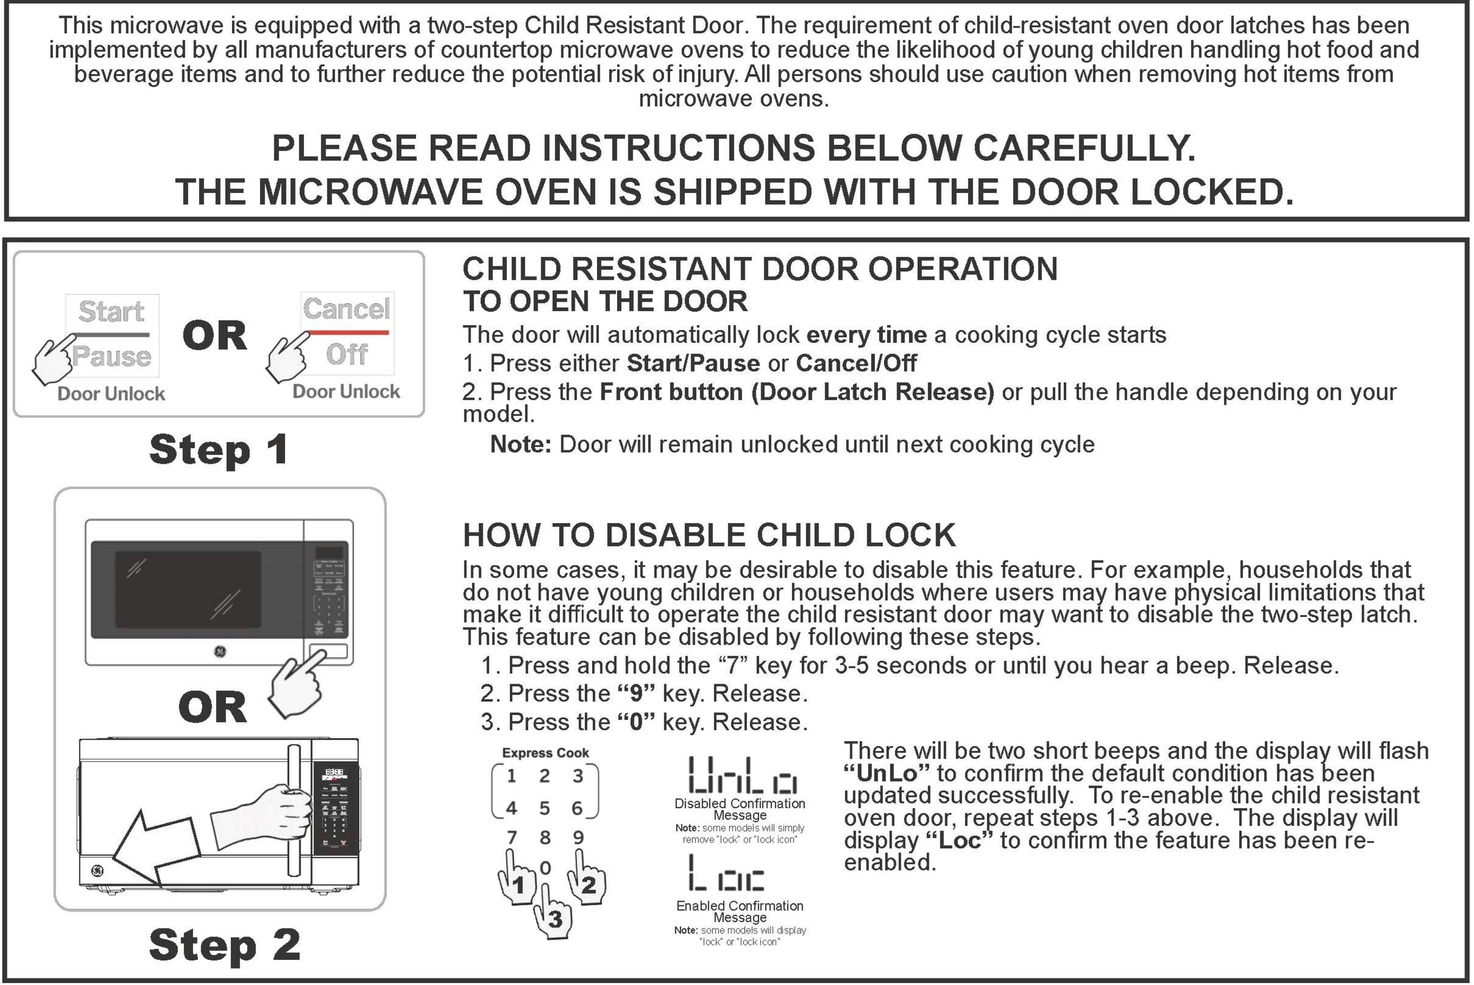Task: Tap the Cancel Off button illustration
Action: coord(347,333)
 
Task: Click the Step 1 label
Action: coord(219,450)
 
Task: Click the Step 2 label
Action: coord(225,945)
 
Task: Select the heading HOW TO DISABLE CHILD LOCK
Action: coord(709,535)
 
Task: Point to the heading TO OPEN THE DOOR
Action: coord(605,301)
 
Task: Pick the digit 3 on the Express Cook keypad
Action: coord(577,776)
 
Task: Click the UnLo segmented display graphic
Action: coord(742,775)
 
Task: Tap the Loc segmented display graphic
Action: coord(726,873)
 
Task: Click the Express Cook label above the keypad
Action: coord(545,753)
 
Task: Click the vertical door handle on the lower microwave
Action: coord(293,810)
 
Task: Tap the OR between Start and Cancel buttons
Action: coord(214,335)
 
